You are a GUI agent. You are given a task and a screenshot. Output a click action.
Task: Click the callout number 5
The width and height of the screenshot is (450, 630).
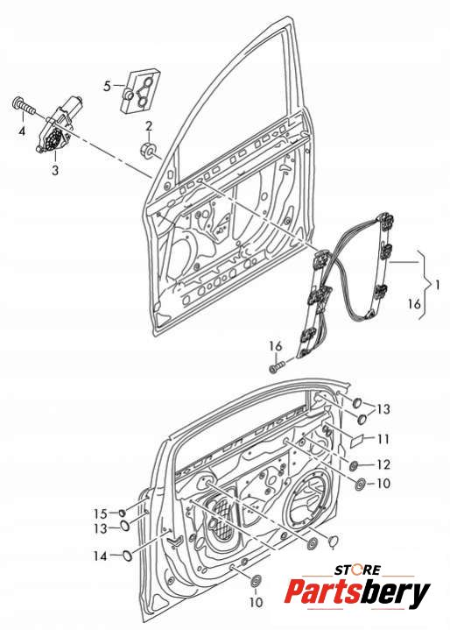coord(107,86)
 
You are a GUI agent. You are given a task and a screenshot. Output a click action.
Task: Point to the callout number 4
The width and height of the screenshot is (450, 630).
coord(22,131)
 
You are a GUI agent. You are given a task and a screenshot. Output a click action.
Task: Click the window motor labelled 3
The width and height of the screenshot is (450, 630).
coord(59,124)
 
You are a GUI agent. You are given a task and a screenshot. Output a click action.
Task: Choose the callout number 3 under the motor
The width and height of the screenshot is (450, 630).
coord(55,170)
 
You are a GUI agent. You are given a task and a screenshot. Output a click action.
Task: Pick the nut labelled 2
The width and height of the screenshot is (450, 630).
coord(148,150)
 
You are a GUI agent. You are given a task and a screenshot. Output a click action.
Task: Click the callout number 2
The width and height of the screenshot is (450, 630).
coord(149,126)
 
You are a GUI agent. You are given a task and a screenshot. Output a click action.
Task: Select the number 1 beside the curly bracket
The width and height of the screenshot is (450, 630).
coord(437,286)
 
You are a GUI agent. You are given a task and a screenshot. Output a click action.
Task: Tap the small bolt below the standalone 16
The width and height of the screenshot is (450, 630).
coord(276,366)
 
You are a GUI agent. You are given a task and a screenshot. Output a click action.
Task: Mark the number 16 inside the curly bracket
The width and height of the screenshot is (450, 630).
coord(414,304)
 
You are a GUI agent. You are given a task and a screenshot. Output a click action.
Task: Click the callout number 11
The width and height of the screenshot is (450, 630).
coord(383,439)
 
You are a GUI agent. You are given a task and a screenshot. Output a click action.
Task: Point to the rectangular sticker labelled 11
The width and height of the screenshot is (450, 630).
coord(357,441)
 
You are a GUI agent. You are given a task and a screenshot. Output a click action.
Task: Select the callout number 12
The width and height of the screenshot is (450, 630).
coord(383,464)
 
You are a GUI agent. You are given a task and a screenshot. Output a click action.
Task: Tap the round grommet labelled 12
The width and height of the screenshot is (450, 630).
coord(355,466)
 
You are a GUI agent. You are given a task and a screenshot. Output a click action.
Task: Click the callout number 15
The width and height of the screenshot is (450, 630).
coord(101,513)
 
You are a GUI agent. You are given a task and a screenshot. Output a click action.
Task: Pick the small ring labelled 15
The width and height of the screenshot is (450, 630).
coord(122,513)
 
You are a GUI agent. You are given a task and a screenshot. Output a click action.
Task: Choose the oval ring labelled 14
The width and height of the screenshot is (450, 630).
coord(127,556)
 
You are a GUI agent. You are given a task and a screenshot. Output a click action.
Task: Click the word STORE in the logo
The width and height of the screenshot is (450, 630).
coord(357,570)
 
